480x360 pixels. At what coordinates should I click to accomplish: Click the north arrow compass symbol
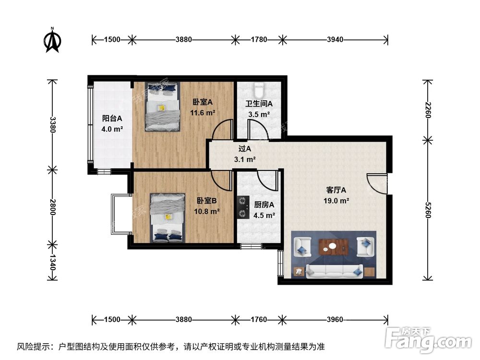52,40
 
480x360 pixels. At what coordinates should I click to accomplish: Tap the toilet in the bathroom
258,89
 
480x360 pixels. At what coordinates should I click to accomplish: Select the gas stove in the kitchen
243,207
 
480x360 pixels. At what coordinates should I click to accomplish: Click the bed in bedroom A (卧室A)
162,107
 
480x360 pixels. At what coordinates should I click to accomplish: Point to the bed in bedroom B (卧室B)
168,217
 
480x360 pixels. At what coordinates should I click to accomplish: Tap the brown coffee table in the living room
334,247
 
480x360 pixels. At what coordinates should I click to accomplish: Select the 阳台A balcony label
112,118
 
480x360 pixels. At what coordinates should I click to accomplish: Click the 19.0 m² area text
336,201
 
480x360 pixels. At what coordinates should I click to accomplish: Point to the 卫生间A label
259,104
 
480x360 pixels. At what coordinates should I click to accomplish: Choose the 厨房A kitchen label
264,204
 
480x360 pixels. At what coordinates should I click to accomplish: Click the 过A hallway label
245,149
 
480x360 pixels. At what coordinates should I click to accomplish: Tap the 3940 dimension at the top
335,39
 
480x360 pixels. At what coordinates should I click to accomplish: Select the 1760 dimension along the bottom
259,320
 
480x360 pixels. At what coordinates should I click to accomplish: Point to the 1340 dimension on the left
52,262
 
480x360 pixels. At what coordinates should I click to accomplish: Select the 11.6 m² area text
203,112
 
